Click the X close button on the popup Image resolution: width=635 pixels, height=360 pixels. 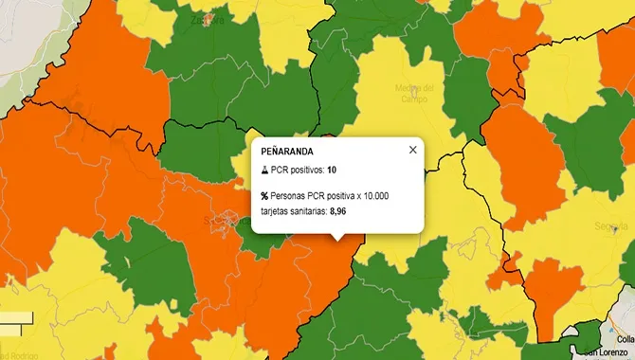(x=412, y=150)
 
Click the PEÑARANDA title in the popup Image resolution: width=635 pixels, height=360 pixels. (x=286, y=151)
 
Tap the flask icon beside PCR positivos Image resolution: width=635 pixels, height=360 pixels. (x=264, y=171)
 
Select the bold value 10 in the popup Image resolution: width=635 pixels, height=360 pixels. (x=332, y=171)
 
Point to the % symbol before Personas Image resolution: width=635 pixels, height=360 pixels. (x=264, y=196)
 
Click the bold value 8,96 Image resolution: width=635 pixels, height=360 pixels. (x=343, y=211)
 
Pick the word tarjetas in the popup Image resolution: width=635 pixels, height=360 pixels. (x=278, y=211)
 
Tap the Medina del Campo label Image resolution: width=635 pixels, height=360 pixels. (x=414, y=94)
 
